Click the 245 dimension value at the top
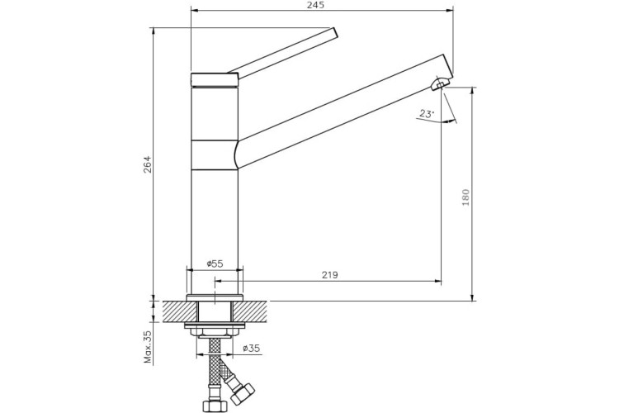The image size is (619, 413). tap(315, 5)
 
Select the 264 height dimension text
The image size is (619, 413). tap(149, 164)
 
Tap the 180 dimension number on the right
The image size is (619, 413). tap(465, 197)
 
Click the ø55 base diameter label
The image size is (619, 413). tap(214, 263)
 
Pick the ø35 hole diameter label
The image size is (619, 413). tap(250, 349)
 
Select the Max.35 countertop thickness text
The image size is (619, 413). tap(149, 347)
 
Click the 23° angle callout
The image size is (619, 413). tap(427, 114)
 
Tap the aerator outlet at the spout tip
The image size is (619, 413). tap(441, 82)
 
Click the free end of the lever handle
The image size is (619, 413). tap(333, 33)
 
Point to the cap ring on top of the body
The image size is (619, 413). tap(215, 79)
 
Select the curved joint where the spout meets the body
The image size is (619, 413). tap(236, 154)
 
